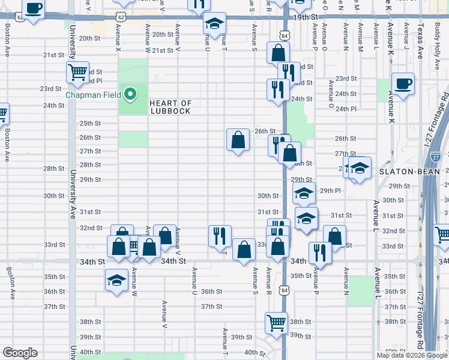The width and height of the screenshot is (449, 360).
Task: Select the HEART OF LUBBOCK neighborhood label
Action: (x=170, y=107)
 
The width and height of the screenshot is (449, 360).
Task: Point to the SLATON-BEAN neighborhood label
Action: (x=402, y=172)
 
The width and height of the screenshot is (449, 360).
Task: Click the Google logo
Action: (x=19, y=352)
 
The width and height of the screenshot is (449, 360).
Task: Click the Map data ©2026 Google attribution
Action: (x=412, y=355)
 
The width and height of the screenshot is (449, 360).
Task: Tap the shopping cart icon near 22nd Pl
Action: (x=78, y=73)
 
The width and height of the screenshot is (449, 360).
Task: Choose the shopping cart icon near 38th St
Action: (x=276, y=322)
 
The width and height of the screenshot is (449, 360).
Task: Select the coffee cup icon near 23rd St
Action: (x=403, y=83)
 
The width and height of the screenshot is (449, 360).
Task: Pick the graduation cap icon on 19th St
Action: (x=214, y=23)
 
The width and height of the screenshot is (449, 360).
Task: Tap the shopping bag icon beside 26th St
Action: (x=238, y=140)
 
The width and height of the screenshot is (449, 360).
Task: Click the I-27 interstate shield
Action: (x=436, y=157)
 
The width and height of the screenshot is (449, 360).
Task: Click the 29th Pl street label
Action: (x=330, y=190)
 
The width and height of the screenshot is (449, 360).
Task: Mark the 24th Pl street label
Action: (x=346, y=109)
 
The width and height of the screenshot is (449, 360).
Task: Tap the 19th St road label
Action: (x=305, y=18)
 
